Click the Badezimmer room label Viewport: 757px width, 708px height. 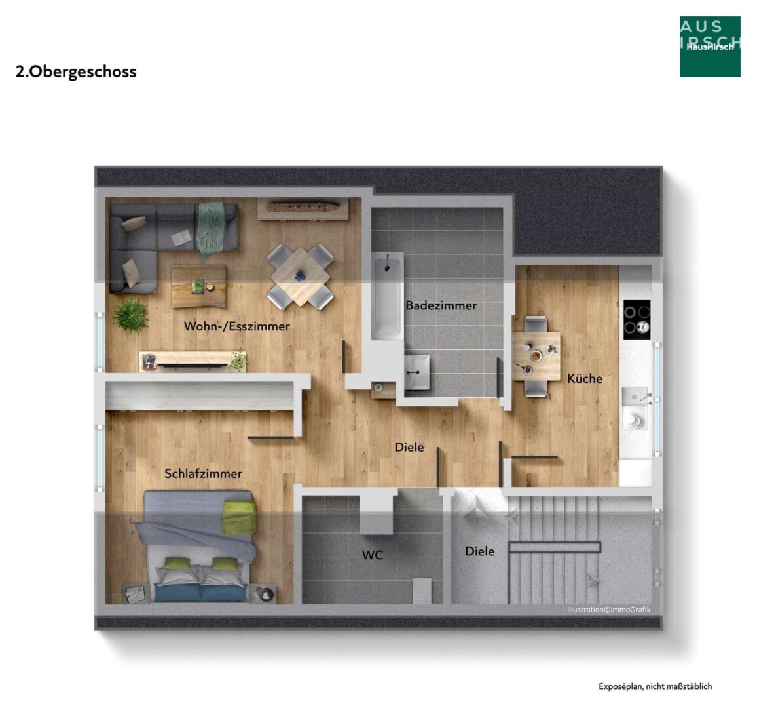point(441,305)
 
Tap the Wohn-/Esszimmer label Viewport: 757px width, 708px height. point(236,326)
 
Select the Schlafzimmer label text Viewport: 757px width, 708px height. point(203,473)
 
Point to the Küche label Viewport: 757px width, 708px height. point(585,378)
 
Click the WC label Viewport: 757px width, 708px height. point(372,555)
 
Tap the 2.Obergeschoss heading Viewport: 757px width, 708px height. point(76,71)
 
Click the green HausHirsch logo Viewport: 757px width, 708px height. point(710,47)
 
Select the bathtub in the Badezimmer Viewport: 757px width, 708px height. point(387,295)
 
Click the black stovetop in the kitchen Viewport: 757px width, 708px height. point(637,319)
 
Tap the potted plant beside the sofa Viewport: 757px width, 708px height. point(130,315)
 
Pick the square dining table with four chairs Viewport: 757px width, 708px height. point(301,277)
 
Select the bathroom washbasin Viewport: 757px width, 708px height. point(416,372)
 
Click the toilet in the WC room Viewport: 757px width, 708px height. point(422,590)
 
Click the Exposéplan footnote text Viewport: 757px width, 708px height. point(655,686)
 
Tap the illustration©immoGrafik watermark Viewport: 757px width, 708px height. point(609,610)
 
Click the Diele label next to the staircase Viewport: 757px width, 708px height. point(479,551)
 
